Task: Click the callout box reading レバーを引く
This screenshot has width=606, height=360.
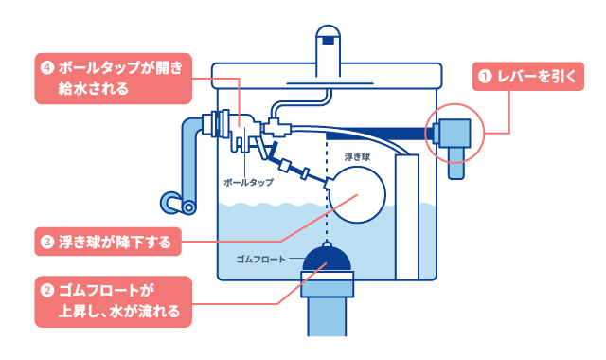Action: [x=532, y=77]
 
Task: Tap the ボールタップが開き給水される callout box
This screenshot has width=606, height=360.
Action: [x=113, y=79]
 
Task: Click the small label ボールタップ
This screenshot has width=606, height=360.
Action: [x=247, y=181]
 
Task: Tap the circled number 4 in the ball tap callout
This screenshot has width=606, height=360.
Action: [x=45, y=69]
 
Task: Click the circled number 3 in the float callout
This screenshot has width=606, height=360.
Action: [x=45, y=243]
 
